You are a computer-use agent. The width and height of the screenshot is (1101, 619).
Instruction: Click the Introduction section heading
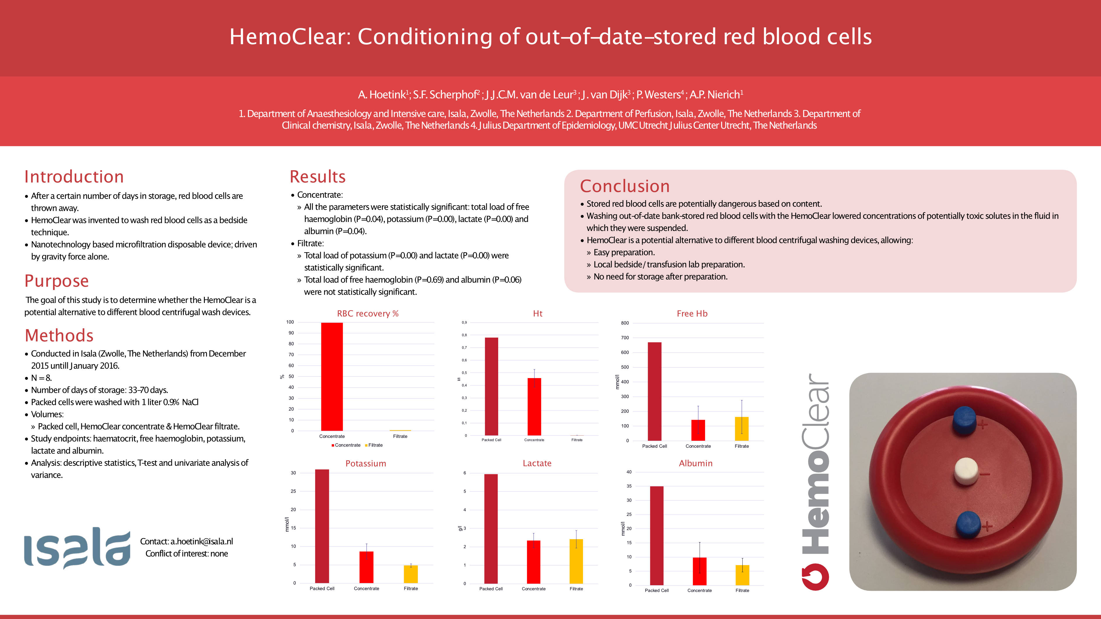74,177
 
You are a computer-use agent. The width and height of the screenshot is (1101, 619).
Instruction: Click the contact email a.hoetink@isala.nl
201,541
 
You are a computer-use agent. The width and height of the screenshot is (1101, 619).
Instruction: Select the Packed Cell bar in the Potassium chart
322,526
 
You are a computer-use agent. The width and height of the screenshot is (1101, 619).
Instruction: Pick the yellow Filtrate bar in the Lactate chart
576,561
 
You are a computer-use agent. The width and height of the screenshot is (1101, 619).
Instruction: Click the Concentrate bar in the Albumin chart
699,571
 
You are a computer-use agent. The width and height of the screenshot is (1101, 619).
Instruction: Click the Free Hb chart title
692,313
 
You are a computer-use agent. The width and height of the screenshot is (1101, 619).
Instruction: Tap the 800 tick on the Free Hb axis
625,323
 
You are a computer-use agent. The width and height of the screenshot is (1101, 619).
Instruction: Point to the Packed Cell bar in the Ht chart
492,387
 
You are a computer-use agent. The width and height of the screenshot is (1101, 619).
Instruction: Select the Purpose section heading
57,281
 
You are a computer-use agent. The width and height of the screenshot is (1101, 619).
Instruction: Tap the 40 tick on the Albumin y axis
629,472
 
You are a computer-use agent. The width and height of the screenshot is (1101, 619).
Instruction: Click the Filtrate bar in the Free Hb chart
741,428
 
